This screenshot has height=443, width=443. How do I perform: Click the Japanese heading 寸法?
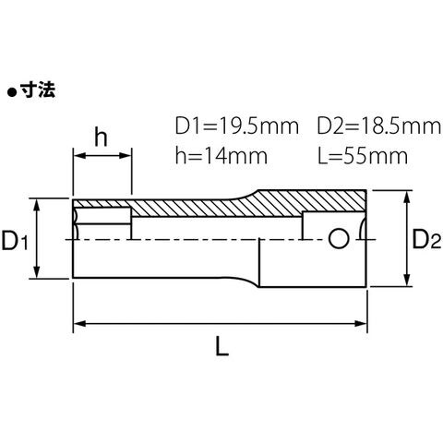(x=38, y=90)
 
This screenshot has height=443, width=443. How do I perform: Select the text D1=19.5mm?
(x=237, y=126)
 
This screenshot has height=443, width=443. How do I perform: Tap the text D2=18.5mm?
(x=379, y=126)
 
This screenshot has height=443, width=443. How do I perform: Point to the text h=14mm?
(x=221, y=156)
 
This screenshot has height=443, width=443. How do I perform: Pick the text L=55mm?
(x=363, y=156)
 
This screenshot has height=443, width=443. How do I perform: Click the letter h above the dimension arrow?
(x=101, y=138)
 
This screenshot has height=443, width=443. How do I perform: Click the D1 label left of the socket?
(x=15, y=240)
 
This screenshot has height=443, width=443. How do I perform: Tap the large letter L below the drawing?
(x=221, y=346)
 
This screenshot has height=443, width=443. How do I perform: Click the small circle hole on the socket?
(x=339, y=239)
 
